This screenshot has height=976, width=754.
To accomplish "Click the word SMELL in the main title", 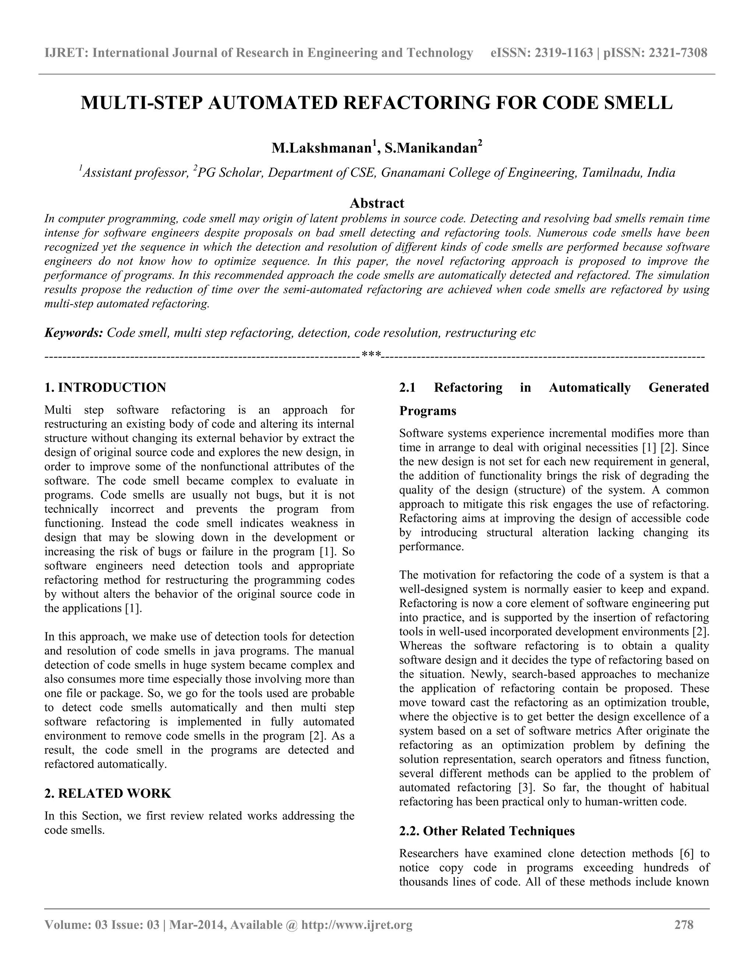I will [x=638, y=103].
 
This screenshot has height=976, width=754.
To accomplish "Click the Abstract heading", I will [x=377, y=203].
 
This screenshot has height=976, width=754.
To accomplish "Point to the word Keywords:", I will [x=74, y=333].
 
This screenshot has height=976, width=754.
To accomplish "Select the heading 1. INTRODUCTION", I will [x=105, y=387].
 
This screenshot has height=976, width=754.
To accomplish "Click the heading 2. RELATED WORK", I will [x=108, y=794].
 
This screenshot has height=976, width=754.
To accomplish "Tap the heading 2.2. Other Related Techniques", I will [x=486, y=831].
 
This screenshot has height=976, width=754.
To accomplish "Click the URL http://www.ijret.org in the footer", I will [x=356, y=924].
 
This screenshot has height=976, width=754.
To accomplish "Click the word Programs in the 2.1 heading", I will [x=427, y=411].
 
